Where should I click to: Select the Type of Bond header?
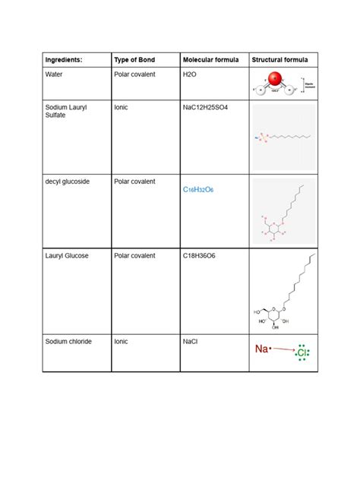coord(134,59)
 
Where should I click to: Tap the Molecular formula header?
coord(210,59)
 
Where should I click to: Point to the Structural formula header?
coord(279,59)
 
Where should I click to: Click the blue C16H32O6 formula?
coord(198,189)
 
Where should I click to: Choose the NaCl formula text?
coord(191,342)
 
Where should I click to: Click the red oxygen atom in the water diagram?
coord(275,79)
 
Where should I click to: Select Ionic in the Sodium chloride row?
coord(122,342)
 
